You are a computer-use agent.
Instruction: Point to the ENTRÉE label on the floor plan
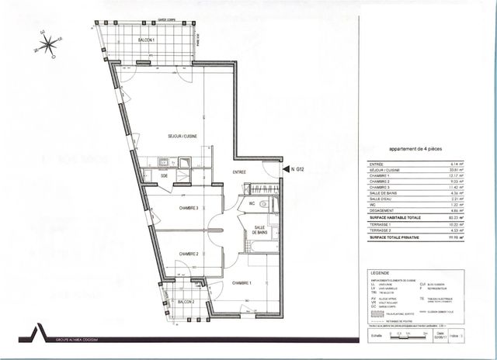(240, 172)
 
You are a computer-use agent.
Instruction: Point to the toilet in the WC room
(264, 204)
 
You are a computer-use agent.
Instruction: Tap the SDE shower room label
(165, 175)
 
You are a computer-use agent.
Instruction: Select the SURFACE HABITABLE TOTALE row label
(397, 218)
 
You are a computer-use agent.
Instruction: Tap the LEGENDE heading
(379, 274)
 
